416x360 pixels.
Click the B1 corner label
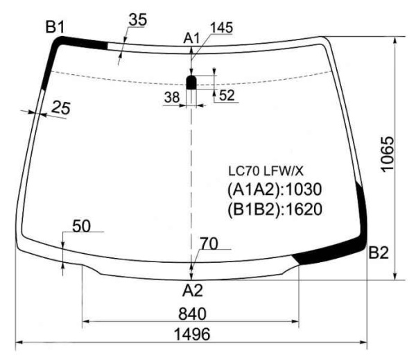click(x=55, y=27)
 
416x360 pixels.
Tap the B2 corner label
click(x=379, y=252)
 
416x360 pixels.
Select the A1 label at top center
click(x=191, y=39)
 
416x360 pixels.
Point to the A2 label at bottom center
click(x=193, y=290)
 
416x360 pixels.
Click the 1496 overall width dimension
click(x=192, y=334)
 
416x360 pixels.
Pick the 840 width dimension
click(x=192, y=314)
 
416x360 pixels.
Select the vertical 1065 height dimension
click(x=388, y=154)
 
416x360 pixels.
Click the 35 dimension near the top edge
click(x=138, y=20)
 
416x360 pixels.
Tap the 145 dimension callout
click(x=222, y=28)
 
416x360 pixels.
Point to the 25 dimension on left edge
click(x=61, y=108)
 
